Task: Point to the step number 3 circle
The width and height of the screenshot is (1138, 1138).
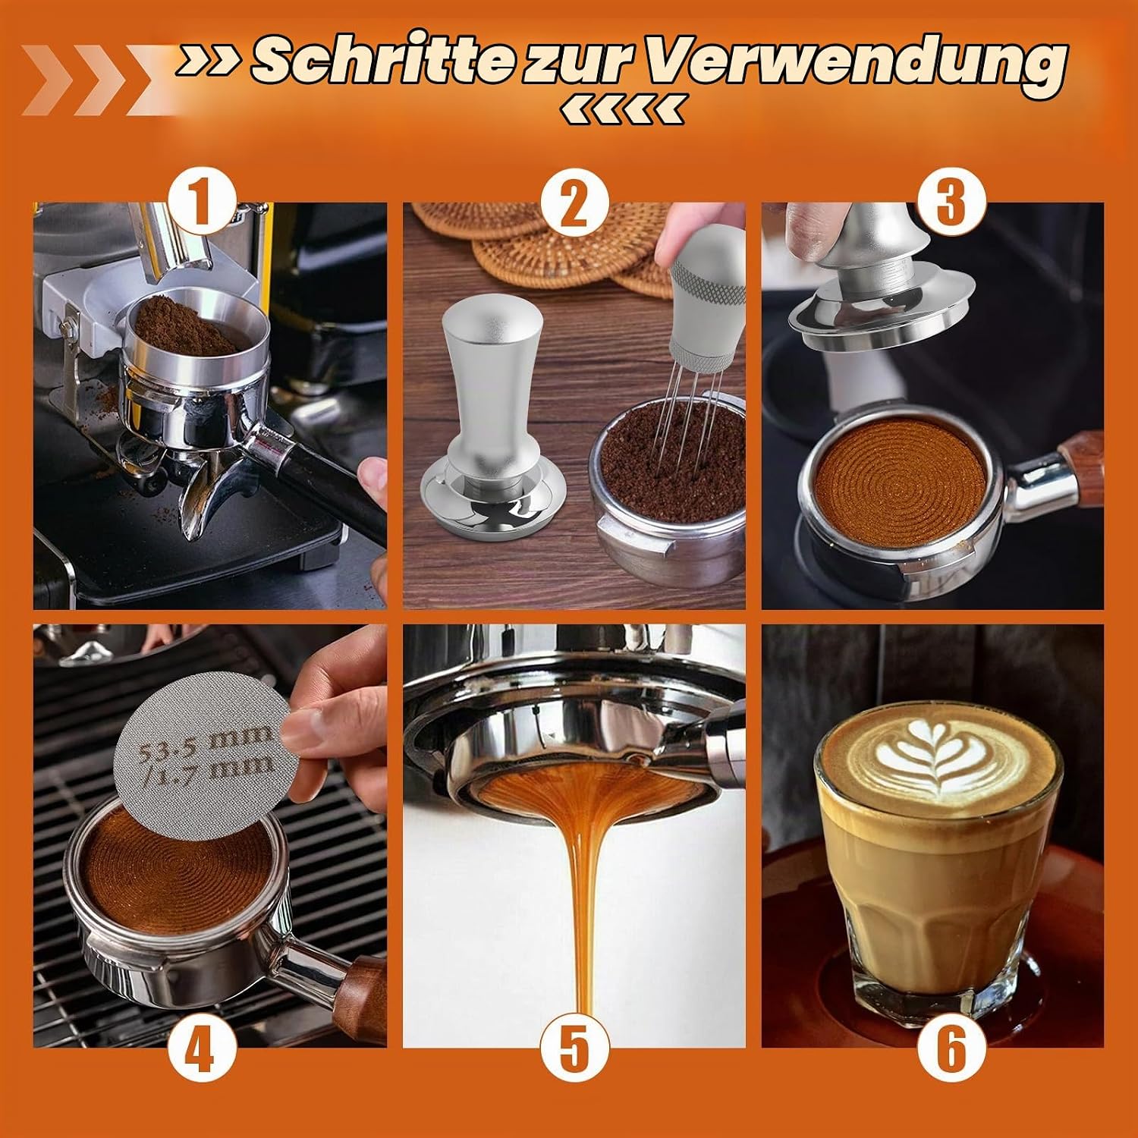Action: [951, 199]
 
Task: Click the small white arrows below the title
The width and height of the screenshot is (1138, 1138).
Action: [621, 111]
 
